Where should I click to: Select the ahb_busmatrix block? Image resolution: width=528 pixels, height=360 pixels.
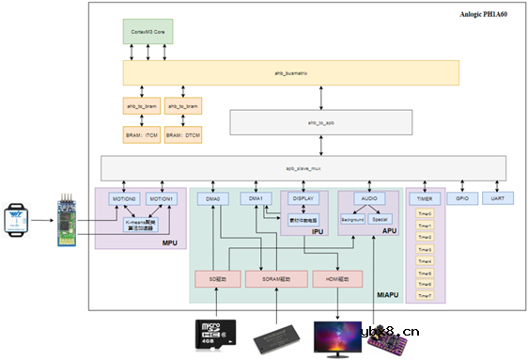pyautogui.click(x=290, y=72)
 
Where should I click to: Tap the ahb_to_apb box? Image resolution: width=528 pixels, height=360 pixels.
pyautogui.click(x=321, y=123)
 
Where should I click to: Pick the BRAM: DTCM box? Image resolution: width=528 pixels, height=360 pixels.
pyautogui.click(x=182, y=135)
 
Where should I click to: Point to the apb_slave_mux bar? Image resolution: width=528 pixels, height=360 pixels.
pyautogui.click(x=303, y=167)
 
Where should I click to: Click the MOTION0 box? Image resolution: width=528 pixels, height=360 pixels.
pyautogui.click(x=126, y=199)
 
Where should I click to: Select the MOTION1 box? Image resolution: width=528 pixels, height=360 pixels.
pyautogui.click(x=162, y=199)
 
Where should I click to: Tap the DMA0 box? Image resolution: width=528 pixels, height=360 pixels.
pyautogui.click(x=214, y=199)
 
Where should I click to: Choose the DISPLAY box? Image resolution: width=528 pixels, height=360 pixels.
pyautogui.click(x=303, y=199)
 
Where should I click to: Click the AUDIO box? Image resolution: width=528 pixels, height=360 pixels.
pyautogui.click(x=370, y=199)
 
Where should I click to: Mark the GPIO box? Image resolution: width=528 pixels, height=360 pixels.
pyautogui.click(x=461, y=198)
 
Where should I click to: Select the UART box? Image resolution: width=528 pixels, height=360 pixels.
pyautogui.click(x=498, y=198)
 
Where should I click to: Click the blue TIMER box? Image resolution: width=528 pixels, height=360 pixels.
pyautogui.click(x=423, y=199)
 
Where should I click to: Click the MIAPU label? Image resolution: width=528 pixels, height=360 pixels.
pyautogui.click(x=387, y=294)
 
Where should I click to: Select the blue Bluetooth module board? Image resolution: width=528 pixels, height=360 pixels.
pyautogui.click(x=65, y=222)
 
